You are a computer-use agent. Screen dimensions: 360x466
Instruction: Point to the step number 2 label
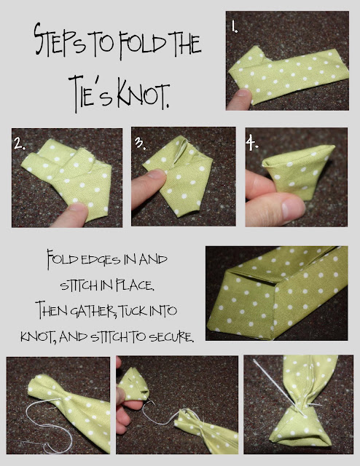click(20, 144)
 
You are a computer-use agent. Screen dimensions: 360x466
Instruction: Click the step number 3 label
click(139, 143)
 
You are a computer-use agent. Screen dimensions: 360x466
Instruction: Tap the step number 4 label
click(252, 144)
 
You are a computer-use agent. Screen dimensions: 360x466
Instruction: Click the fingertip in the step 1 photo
click(240, 99)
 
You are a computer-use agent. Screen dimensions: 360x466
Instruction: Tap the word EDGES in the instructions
click(101, 260)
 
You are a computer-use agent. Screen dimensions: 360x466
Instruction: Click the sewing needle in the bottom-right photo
click(278, 387)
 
